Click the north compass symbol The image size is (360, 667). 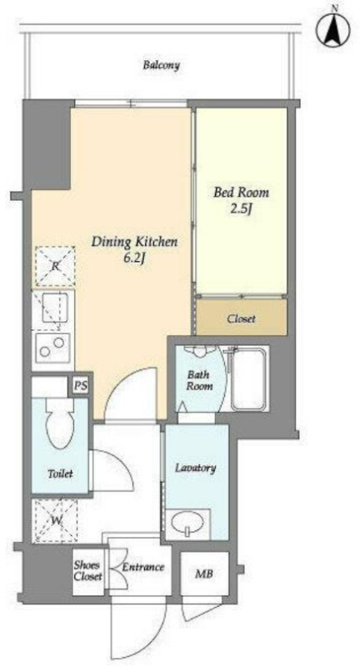pyautogui.click(x=332, y=30)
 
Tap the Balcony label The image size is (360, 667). pyautogui.click(x=161, y=66)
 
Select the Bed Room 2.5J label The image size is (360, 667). pyautogui.click(x=241, y=200)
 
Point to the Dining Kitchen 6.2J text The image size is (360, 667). pyautogui.click(x=134, y=250)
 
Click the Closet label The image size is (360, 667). pyautogui.click(x=241, y=318)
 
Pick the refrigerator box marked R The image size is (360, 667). pyautogui.click(x=55, y=266)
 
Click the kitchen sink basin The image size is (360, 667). pyautogui.click(x=54, y=307)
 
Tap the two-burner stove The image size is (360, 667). pyautogui.click(x=52, y=345)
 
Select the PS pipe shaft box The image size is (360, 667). pyautogui.click(x=80, y=386)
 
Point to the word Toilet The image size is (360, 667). pyautogui.click(x=60, y=474)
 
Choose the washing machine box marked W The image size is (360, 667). pyautogui.click(x=55, y=520)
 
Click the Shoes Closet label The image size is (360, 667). pyautogui.click(x=88, y=570)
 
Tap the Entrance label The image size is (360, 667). pyautogui.click(x=143, y=567)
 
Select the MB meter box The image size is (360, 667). pyautogui.click(x=204, y=574)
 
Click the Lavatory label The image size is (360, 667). pyautogui.click(x=196, y=468)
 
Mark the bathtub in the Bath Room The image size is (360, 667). pyautogui.click(x=248, y=379)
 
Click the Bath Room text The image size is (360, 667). pyautogui.click(x=199, y=380)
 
